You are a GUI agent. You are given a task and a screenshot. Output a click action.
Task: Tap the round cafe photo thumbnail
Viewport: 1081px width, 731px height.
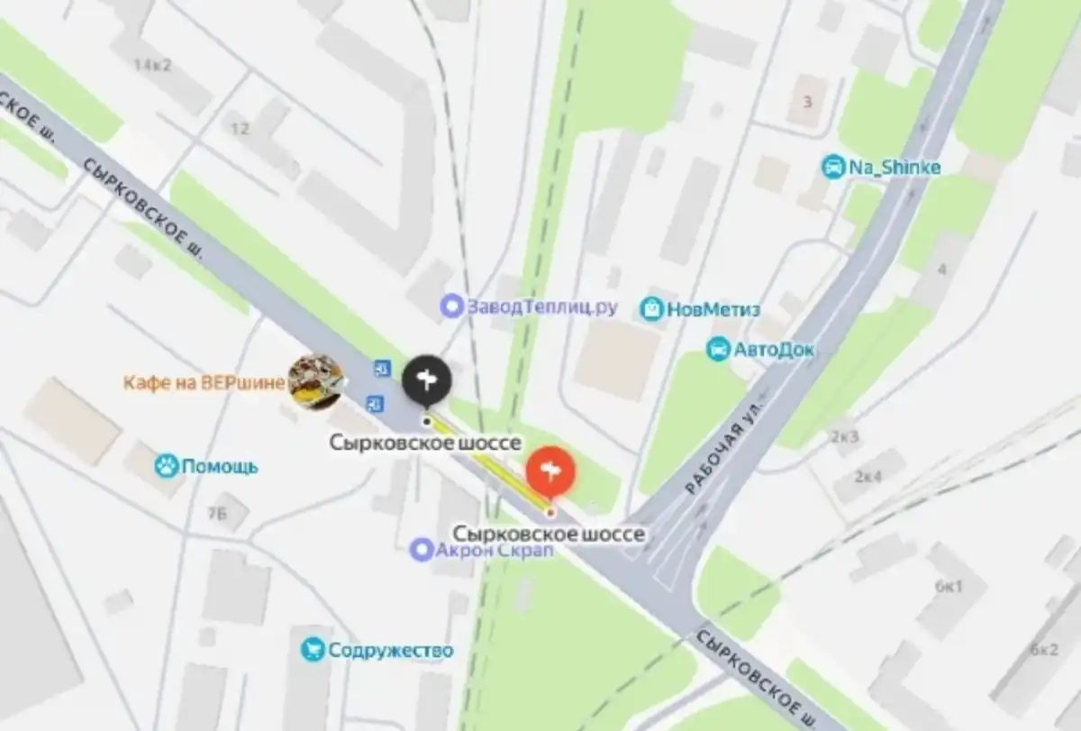[x=315, y=381]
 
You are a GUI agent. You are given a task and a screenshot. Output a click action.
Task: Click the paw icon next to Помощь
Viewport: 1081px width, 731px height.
[x=166, y=466]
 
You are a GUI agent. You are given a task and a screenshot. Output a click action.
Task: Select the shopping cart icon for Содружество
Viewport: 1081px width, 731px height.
[x=313, y=650]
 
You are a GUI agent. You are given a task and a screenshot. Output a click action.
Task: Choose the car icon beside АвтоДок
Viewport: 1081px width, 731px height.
[x=718, y=350]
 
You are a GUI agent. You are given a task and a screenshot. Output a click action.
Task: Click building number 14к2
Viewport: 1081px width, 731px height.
[x=150, y=65]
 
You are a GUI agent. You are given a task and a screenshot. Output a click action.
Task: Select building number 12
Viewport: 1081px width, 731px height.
[x=240, y=129]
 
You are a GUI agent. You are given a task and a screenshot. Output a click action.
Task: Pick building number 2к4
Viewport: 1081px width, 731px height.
[x=868, y=476]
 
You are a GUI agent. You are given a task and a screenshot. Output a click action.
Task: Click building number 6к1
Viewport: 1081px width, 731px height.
[x=949, y=587]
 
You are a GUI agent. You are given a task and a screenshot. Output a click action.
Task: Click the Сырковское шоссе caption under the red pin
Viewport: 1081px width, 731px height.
[x=549, y=535]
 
